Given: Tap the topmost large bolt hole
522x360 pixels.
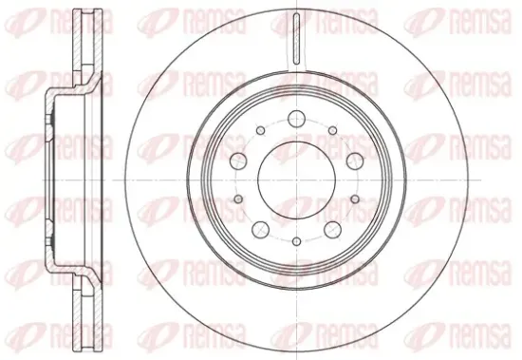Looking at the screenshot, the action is coord(297,119).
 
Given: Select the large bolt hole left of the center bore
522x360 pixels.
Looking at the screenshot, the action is coord(238,161).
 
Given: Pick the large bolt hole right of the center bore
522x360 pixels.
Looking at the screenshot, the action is coord(355,161).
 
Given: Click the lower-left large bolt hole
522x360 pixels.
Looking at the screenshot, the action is coord(260,230).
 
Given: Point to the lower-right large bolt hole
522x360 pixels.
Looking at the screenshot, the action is coord(332,230).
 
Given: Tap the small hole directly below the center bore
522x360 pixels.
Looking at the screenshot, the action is coord(297,241).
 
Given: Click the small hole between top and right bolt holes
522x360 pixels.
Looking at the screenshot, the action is coord(332,131).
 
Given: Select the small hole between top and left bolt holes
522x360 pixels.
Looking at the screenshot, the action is coord(261,131).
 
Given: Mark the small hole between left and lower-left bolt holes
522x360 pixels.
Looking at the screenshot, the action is coord(238,199).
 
